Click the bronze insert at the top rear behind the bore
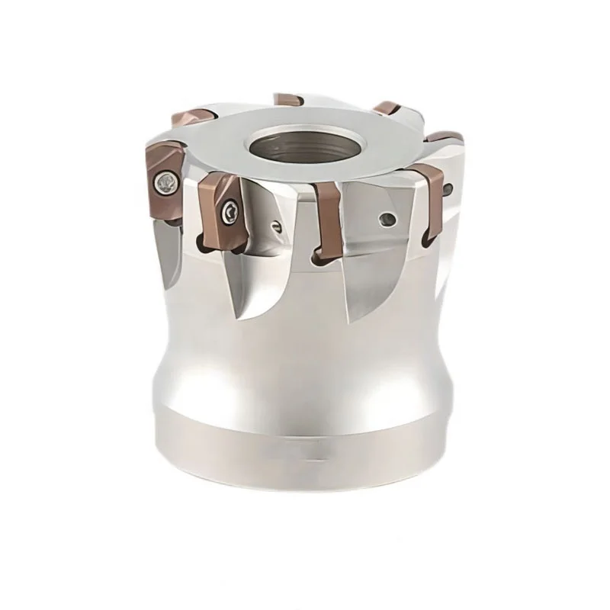tap(287, 100)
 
